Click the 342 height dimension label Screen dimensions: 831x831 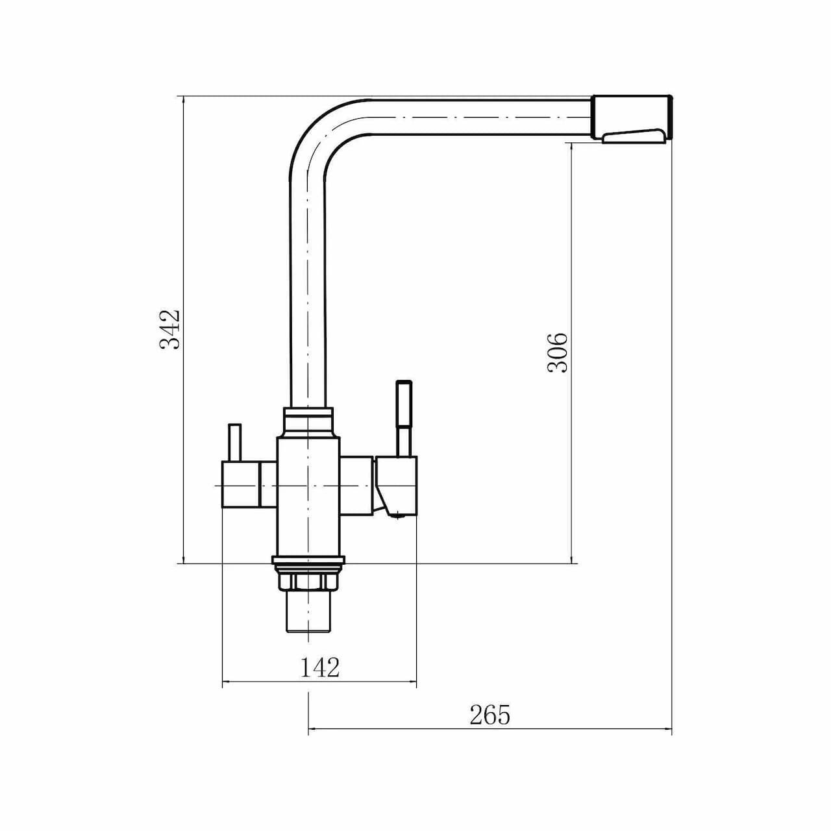[169, 329]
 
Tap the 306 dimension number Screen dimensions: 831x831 [558, 353]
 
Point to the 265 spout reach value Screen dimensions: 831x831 [490, 715]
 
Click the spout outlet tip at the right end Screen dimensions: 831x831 [634, 118]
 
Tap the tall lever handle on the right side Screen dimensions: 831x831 [404, 417]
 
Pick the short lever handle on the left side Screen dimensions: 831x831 [235, 443]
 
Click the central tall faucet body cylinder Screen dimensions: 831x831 [308, 497]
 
